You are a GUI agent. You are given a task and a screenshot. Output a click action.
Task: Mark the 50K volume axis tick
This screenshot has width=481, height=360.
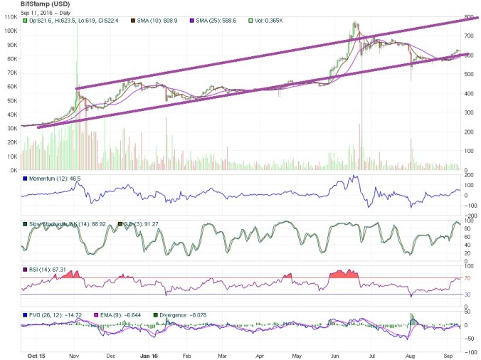click(x=11, y=100)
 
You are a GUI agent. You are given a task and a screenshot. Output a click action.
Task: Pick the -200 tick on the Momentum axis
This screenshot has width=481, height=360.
click(x=467, y=214)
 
